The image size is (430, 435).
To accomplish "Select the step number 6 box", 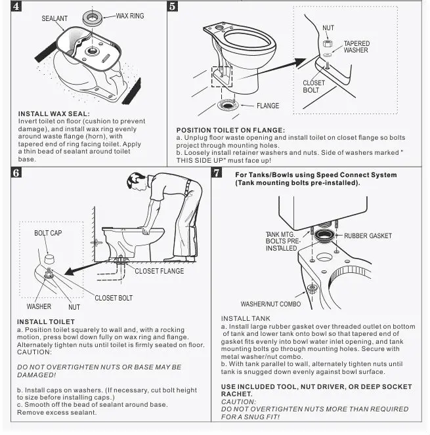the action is pos(16,173).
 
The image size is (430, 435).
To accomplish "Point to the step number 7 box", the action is pos(216,173).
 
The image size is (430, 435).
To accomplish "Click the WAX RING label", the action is pos(131,15).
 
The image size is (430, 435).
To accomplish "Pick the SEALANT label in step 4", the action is pos(54,19).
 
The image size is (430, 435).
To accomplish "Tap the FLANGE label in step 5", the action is pos(267,106).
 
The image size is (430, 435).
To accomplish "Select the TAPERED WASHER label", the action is pos(356,47).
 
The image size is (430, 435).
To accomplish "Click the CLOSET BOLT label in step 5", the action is pos(314,87).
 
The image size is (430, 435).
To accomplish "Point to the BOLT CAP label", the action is pos(48,234).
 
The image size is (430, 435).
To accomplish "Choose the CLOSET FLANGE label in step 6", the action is pos(160,270).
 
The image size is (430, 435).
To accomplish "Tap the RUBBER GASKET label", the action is pos(368,236).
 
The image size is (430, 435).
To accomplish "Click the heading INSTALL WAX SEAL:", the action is pos(49,114).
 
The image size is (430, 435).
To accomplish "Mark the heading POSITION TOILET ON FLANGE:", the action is pos(230,130).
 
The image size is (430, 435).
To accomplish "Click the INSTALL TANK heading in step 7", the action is pos(246,318).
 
